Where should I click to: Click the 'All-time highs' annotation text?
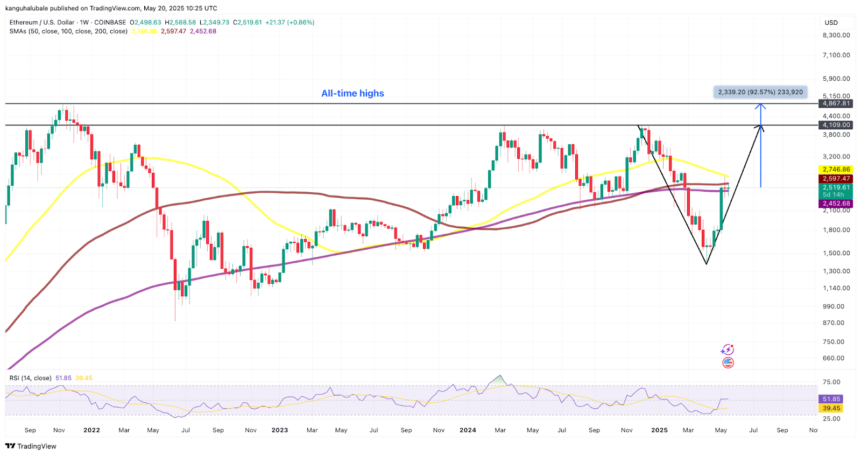(x=352, y=93)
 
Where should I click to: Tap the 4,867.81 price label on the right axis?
(x=836, y=103)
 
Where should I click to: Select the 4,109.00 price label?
(x=836, y=125)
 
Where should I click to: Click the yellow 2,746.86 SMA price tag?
(x=836, y=170)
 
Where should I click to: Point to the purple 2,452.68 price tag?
(x=836, y=204)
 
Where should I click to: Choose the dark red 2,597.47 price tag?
(x=836, y=179)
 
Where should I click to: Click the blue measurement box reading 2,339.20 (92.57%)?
(x=760, y=92)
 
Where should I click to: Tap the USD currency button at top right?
(x=831, y=23)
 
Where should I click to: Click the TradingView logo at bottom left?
(x=31, y=446)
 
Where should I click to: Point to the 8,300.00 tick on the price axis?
(x=836, y=35)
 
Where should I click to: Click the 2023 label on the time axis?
(x=279, y=430)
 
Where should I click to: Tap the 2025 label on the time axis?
(x=659, y=430)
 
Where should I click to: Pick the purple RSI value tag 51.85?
(x=831, y=399)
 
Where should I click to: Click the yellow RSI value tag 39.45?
(x=831, y=408)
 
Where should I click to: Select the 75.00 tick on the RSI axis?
(x=831, y=382)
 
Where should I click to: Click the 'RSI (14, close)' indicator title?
(x=31, y=378)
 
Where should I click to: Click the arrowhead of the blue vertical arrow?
(x=760, y=106)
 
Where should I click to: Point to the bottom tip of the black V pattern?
(x=707, y=264)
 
